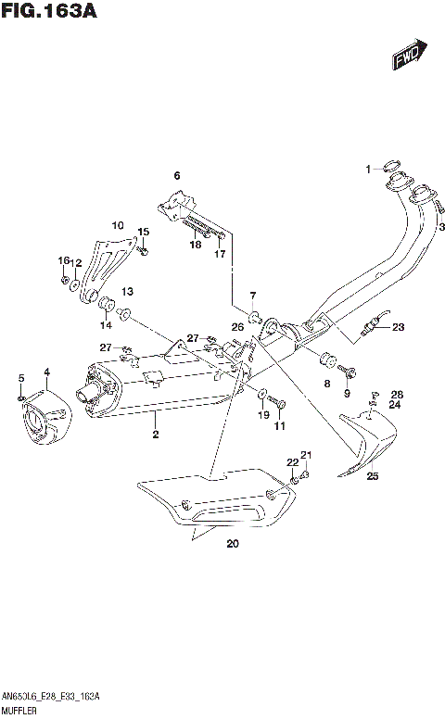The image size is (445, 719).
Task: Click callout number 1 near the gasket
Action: tap(367, 169)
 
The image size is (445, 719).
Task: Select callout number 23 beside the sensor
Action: tap(398, 326)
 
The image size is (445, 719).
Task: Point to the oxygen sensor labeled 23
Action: tap(372, 327)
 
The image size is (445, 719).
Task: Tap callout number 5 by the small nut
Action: tap(20, 376)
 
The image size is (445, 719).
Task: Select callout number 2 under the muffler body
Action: tap(156, 434)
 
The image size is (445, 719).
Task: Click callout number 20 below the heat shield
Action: tap(232, 544)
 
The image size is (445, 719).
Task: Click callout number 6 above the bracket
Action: tap(176, 175)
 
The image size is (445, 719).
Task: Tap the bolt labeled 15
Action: tap(144, 248)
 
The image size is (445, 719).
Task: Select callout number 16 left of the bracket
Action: tap(64, 260)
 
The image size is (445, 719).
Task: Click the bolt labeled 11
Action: tap(280, 404)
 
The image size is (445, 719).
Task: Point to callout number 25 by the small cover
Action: tap(373, 476)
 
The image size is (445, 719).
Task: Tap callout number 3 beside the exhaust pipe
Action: tap(441, 227)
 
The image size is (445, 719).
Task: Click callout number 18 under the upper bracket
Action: tap(196, 245)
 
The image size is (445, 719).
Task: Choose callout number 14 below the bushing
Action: tap(106, 325)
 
